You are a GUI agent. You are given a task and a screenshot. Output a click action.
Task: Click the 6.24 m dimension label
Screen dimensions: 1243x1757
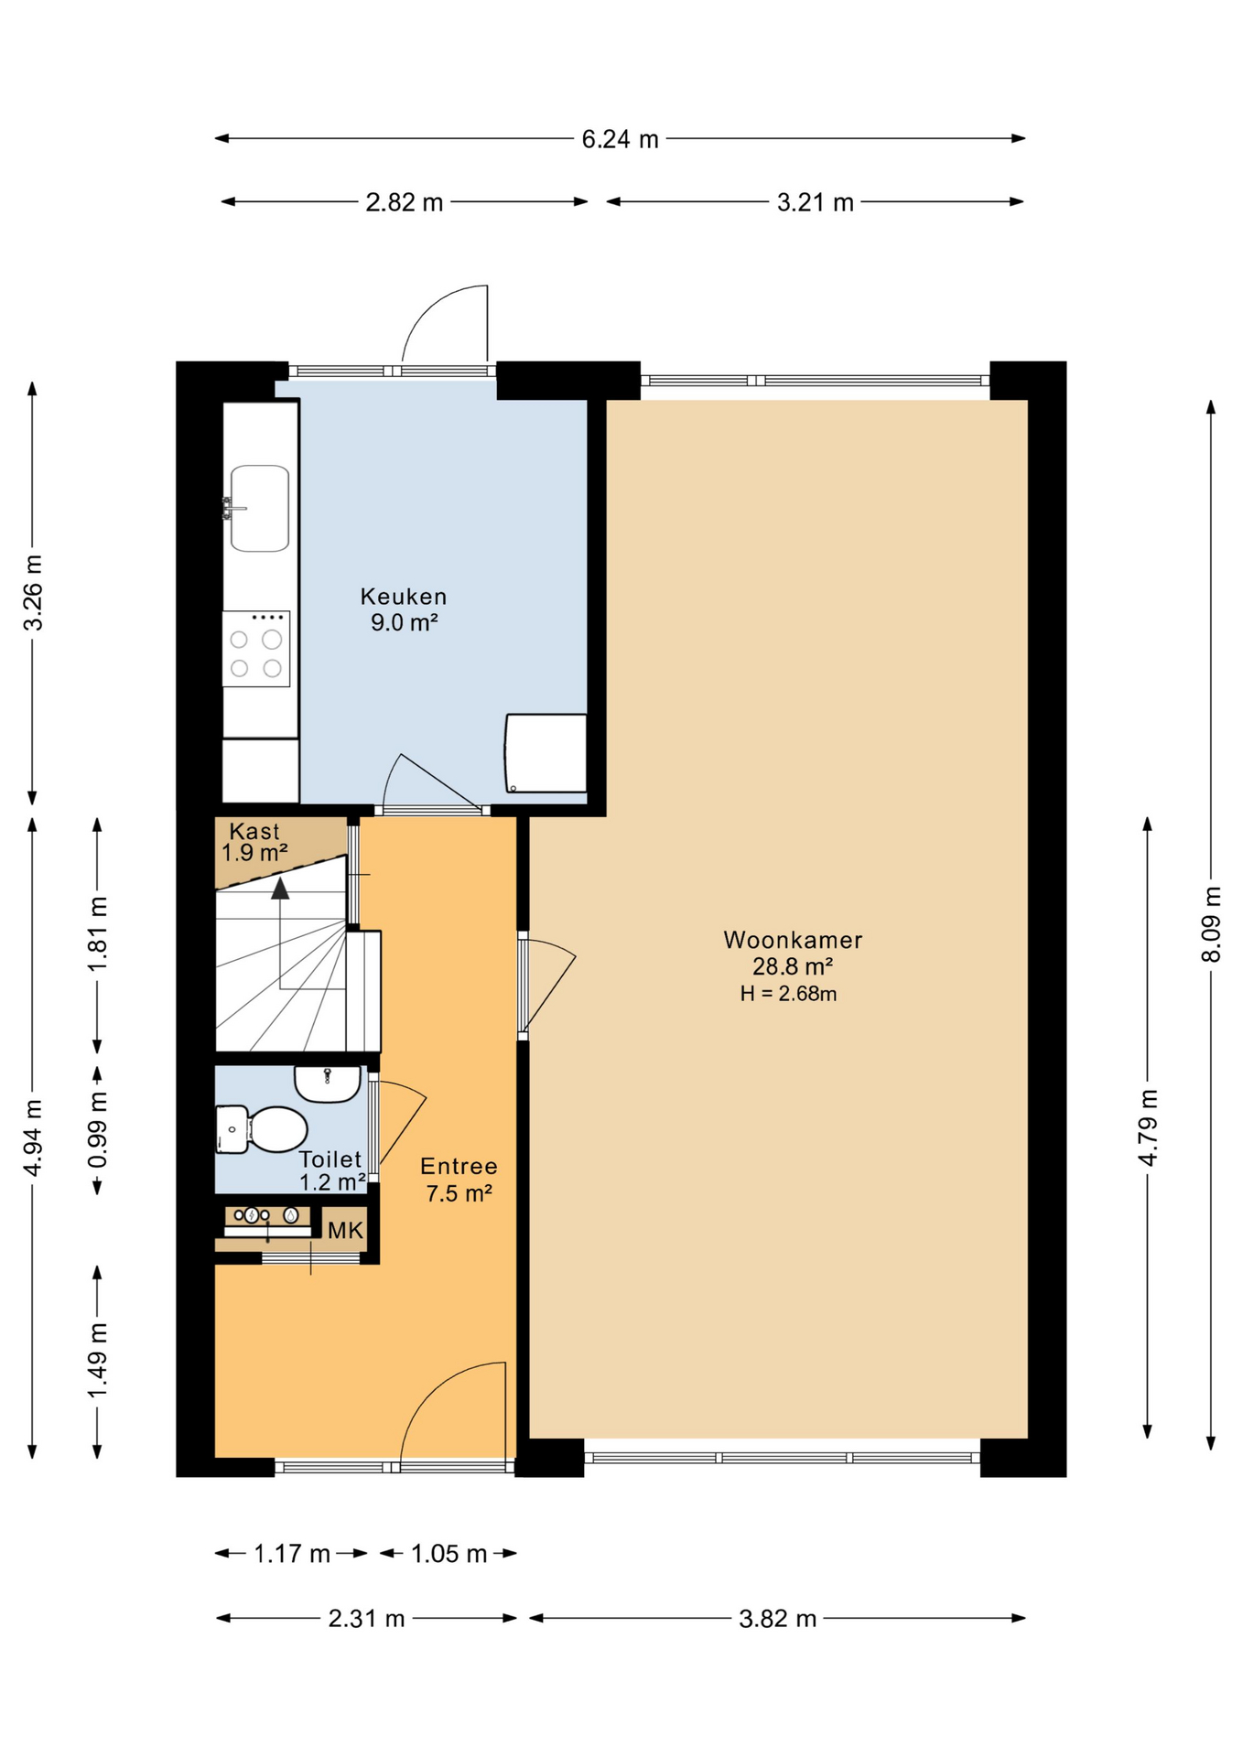(620, 139)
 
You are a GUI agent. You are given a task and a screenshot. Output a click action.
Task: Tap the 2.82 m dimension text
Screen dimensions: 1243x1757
(404, 202)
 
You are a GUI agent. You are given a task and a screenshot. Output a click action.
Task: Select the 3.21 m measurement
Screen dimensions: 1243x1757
(815, 202)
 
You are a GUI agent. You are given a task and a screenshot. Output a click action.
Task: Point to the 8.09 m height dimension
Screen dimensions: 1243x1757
(1211, 924)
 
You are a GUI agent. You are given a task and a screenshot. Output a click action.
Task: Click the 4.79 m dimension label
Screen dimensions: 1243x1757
(1148, 1127)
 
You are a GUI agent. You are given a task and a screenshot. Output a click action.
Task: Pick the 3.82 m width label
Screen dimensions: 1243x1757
(777, 1619)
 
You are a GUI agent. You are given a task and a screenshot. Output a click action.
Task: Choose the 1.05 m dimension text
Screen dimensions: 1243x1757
(449, 1554)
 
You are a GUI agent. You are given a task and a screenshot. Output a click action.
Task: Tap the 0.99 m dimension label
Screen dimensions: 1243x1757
(98, 1129)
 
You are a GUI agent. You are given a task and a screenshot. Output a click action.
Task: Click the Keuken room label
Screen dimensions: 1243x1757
(404, 597)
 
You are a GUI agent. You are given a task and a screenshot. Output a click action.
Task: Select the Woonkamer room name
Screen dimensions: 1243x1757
(793, 940)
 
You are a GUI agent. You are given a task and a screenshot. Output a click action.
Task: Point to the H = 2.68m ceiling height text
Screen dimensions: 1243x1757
(788, 994)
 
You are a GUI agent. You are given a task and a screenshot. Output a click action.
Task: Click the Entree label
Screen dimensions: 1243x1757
(459, 1166)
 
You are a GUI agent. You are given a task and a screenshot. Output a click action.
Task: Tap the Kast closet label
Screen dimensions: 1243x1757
(254, 831)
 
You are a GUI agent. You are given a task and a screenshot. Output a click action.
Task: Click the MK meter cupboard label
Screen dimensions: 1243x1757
(345, 1231)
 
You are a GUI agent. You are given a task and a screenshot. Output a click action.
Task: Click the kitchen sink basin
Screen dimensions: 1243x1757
(260, 509)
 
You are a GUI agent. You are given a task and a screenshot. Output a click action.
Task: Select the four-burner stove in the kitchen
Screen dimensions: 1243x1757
(256, 649)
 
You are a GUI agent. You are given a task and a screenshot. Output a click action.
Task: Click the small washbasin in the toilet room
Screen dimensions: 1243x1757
(327, 1083)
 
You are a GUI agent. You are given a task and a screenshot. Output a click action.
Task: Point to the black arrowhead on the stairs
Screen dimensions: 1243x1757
(280, 888)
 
